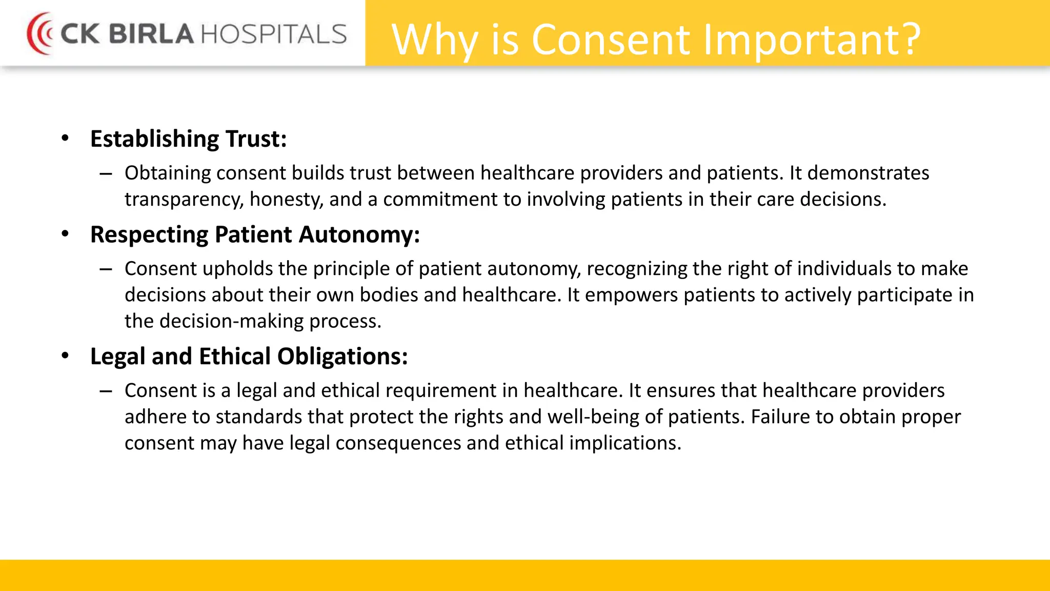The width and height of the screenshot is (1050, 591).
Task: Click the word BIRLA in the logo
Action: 151,34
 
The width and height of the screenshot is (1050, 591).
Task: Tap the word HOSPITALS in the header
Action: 274,34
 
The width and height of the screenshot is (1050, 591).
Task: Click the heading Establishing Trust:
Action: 188,139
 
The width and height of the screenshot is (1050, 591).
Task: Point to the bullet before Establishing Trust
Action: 65,138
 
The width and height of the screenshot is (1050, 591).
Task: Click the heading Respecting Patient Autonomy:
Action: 255,234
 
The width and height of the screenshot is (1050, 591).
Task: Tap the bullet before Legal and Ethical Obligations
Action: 65,356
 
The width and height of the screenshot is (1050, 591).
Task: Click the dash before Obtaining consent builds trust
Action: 106,174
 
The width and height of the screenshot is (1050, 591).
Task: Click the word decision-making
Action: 232,321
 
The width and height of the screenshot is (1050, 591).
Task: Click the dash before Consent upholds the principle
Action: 106,269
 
